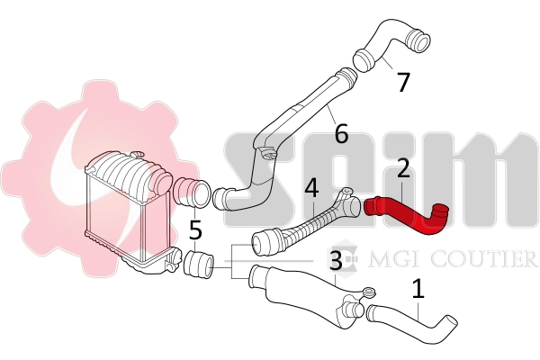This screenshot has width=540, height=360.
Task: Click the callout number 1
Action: tap(417, 290)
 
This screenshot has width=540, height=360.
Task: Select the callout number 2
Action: tap(403, 167)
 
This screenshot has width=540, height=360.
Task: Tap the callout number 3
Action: tap(335, 262)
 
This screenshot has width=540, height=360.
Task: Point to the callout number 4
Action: tap(311, 189)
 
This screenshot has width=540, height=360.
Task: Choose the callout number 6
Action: tap(340, 134)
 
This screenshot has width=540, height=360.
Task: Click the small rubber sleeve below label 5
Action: tap(197, 265)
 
